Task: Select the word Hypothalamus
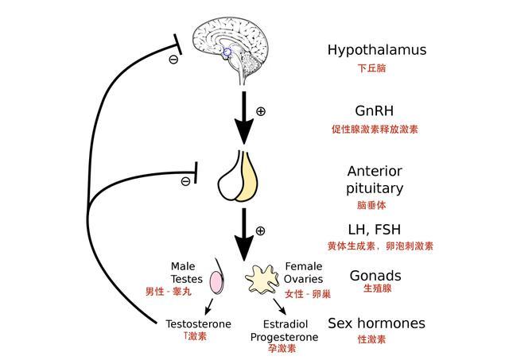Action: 377,50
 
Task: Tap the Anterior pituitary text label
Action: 375,180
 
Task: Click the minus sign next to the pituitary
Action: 185,181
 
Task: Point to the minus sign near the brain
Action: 173,60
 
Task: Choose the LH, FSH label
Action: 375,229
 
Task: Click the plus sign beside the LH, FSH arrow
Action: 259,230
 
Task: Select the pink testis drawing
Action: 216,281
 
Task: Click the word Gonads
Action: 375,276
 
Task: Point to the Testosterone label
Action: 199,324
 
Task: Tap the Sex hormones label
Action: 376,323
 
